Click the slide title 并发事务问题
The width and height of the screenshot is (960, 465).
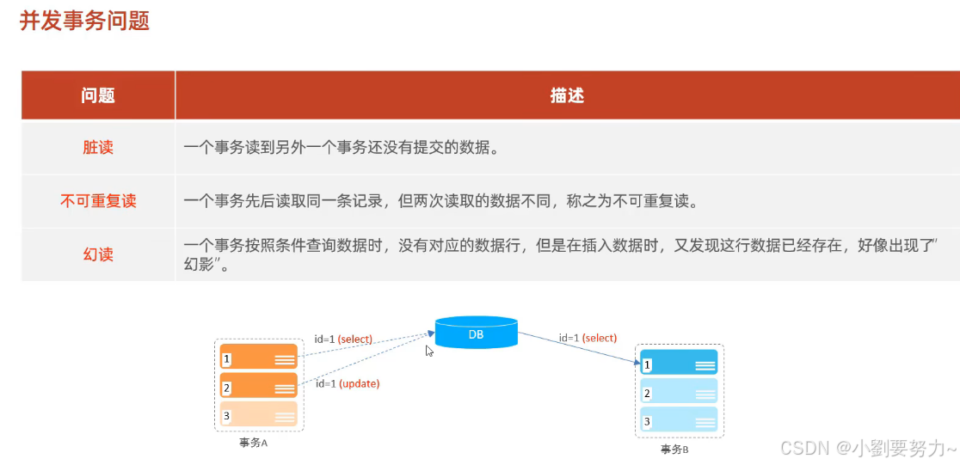(x=84, y=21)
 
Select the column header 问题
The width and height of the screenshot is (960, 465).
(x=98, y=95)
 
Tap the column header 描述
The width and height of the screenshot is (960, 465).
(x=567, y=95)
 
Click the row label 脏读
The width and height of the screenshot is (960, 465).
(x=98, y=148)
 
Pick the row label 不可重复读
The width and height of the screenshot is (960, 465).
(x=98, y=201)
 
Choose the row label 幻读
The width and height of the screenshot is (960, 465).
(x=98, y=254)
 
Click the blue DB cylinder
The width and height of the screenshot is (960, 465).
(x=476, y=333)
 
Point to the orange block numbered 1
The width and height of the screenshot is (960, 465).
(x=259, y=358)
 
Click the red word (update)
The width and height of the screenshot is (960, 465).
(x=360, y=383)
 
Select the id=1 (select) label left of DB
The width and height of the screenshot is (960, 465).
(x=343, y=340)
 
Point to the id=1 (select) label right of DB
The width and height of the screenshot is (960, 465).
(x=588, y=338)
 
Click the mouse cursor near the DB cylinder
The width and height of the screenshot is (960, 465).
(x=429, y=351)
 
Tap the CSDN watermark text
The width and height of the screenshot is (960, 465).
(x=867, y=448)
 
